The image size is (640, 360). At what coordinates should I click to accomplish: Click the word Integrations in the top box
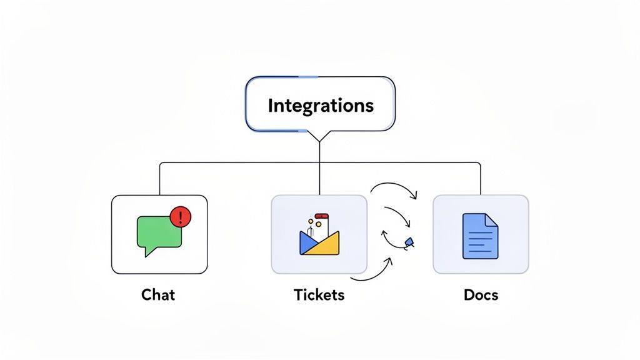(x=320, y=105)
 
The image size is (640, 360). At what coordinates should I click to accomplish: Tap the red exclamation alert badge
(x=181, y=217)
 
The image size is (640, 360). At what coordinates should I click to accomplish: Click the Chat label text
(x=159, y=294)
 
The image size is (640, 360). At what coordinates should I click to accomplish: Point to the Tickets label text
(x=319, y=294)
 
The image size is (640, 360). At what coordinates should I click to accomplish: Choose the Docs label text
(x=481, y=294)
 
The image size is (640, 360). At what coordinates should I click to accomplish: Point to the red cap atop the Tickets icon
(x=321, y=216)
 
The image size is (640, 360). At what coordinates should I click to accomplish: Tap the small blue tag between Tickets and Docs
(x=409, y=241)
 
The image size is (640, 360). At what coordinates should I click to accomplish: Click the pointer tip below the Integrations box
(x=319, y=141)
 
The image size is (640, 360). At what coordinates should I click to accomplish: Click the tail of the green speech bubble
(x=147, y=252)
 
